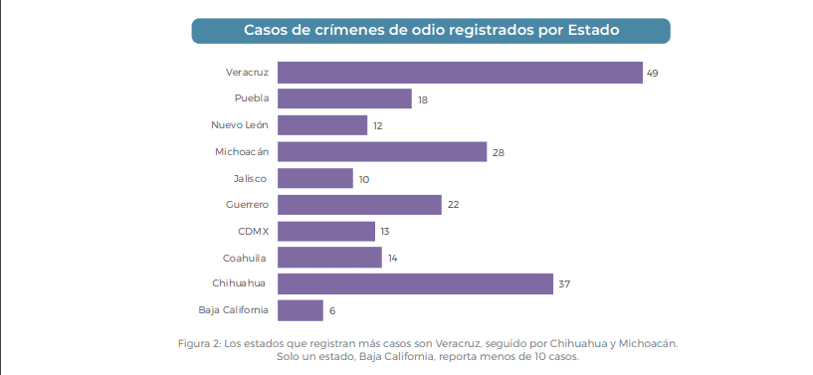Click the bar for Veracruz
click(x=459, y=73)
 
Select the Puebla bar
click(x=344, y=98)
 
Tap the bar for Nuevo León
click(x=321, y=125)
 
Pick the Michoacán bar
click(x=382, y=151)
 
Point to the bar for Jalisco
click(x=314, y=178)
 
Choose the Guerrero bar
click(x=359, y=205)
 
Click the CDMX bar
click(x=325, y=231)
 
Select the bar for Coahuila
click(x=329, y=258)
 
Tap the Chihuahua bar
click(x=415, y=283)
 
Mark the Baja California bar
click(x=300, y=310)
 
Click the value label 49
click(x=653, y=74)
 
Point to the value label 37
click(x=564, y=284)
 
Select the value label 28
click(x=498, y=152)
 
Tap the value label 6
click(x=332, y=311)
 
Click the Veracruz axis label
click(x=248, y=73)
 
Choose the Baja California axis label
click(x=233, y=310)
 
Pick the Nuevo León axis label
click(x=239, y=125)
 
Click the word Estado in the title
click(x=593, y=30)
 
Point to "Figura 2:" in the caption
click(x=198, y=343)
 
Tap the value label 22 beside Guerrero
click(x=452, y=205)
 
